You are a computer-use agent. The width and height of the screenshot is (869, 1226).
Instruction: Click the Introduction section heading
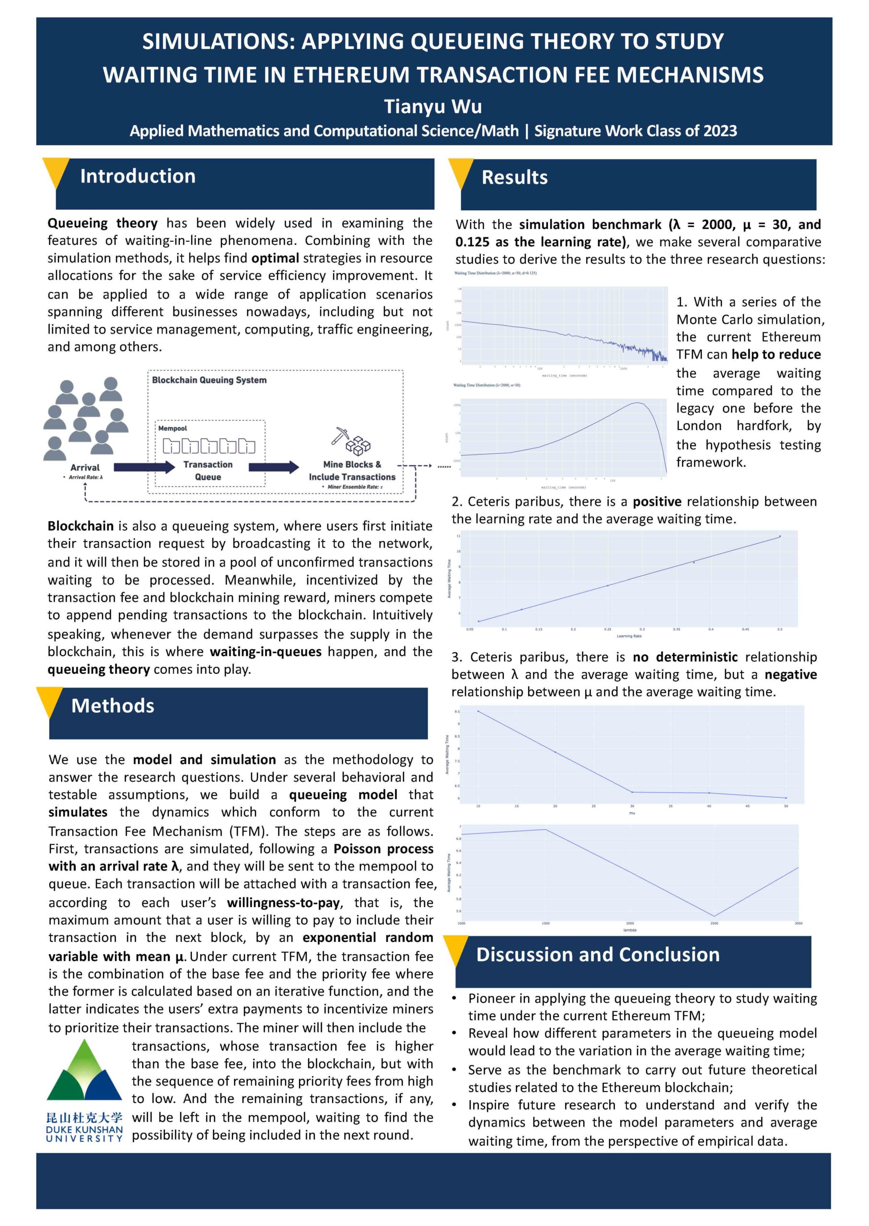138,176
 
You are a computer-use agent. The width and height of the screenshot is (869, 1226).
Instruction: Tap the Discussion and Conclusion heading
598,954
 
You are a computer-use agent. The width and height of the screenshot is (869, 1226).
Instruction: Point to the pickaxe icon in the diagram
339,436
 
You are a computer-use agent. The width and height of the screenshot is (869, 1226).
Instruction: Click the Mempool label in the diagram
172,428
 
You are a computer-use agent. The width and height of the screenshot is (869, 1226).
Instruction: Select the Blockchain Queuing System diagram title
209,380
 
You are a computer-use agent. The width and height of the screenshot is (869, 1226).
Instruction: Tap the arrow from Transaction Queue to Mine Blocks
273,467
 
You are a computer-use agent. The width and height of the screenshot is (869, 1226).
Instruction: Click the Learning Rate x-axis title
629,636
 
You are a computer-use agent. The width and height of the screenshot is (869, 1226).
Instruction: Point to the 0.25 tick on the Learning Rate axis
608,629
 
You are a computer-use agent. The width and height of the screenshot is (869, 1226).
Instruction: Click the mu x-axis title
632,813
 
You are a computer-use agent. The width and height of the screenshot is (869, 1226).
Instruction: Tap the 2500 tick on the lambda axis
714,923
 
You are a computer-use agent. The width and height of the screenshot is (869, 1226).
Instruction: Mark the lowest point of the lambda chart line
714,916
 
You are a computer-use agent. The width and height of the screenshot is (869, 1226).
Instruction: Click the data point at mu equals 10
478,711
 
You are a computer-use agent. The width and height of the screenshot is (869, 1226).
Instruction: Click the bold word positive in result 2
657,501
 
